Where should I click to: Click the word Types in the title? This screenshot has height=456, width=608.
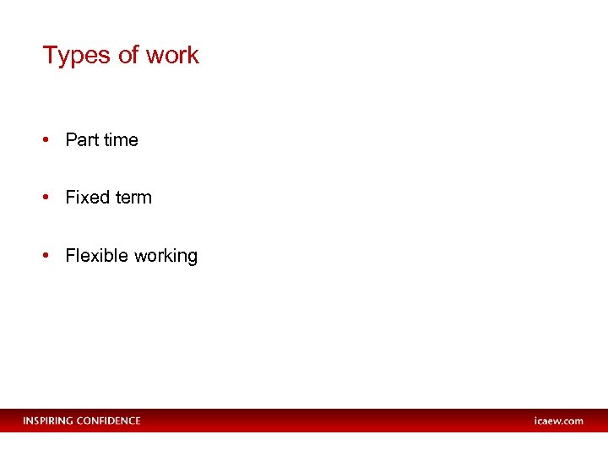coord(77,56)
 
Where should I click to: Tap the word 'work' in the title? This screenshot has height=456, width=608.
coord(172,55)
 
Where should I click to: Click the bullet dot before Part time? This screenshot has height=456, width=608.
coord(47,140)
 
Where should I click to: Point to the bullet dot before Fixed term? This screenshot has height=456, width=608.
coord(47,198)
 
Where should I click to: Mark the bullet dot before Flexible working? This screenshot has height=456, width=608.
coord(47,256)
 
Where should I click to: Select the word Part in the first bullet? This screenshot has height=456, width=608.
coord(82,140)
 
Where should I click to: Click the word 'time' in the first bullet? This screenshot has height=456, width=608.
coord(121,140)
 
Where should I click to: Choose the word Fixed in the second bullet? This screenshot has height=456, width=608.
coord(88,198)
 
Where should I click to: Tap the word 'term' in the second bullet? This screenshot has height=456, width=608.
coord(133,198)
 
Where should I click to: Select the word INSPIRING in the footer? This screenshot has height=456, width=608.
coord(48,421)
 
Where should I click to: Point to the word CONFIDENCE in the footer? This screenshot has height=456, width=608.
coord(109,421)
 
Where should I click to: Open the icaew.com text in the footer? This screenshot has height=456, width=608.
coord(558,421)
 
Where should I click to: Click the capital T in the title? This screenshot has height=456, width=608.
coord(49,55)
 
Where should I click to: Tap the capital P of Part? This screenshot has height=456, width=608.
coord(71,140)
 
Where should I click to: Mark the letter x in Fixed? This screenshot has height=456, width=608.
coord(83,198)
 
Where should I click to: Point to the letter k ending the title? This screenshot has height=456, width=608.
coord(194,55)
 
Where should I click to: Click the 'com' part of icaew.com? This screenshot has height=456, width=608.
coord(573,421)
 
